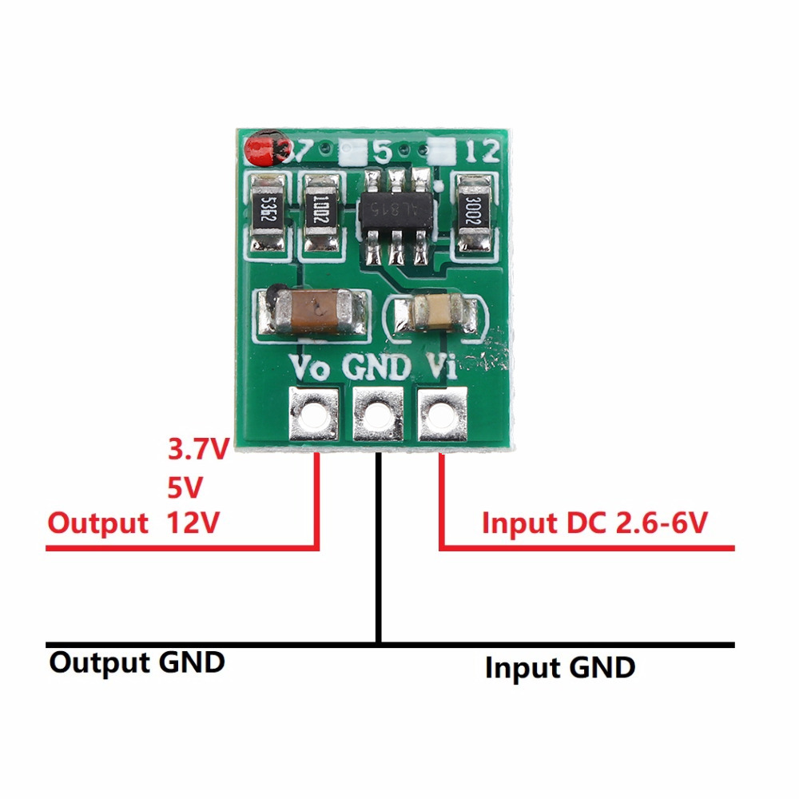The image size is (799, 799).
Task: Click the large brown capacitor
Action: [313, 312]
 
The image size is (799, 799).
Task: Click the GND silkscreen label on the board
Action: [376, 368]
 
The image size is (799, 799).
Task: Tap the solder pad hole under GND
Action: [376, 414]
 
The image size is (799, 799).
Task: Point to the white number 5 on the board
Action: [383, 150]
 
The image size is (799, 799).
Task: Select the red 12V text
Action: [193, 523]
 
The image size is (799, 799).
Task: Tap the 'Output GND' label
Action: [137, 662]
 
